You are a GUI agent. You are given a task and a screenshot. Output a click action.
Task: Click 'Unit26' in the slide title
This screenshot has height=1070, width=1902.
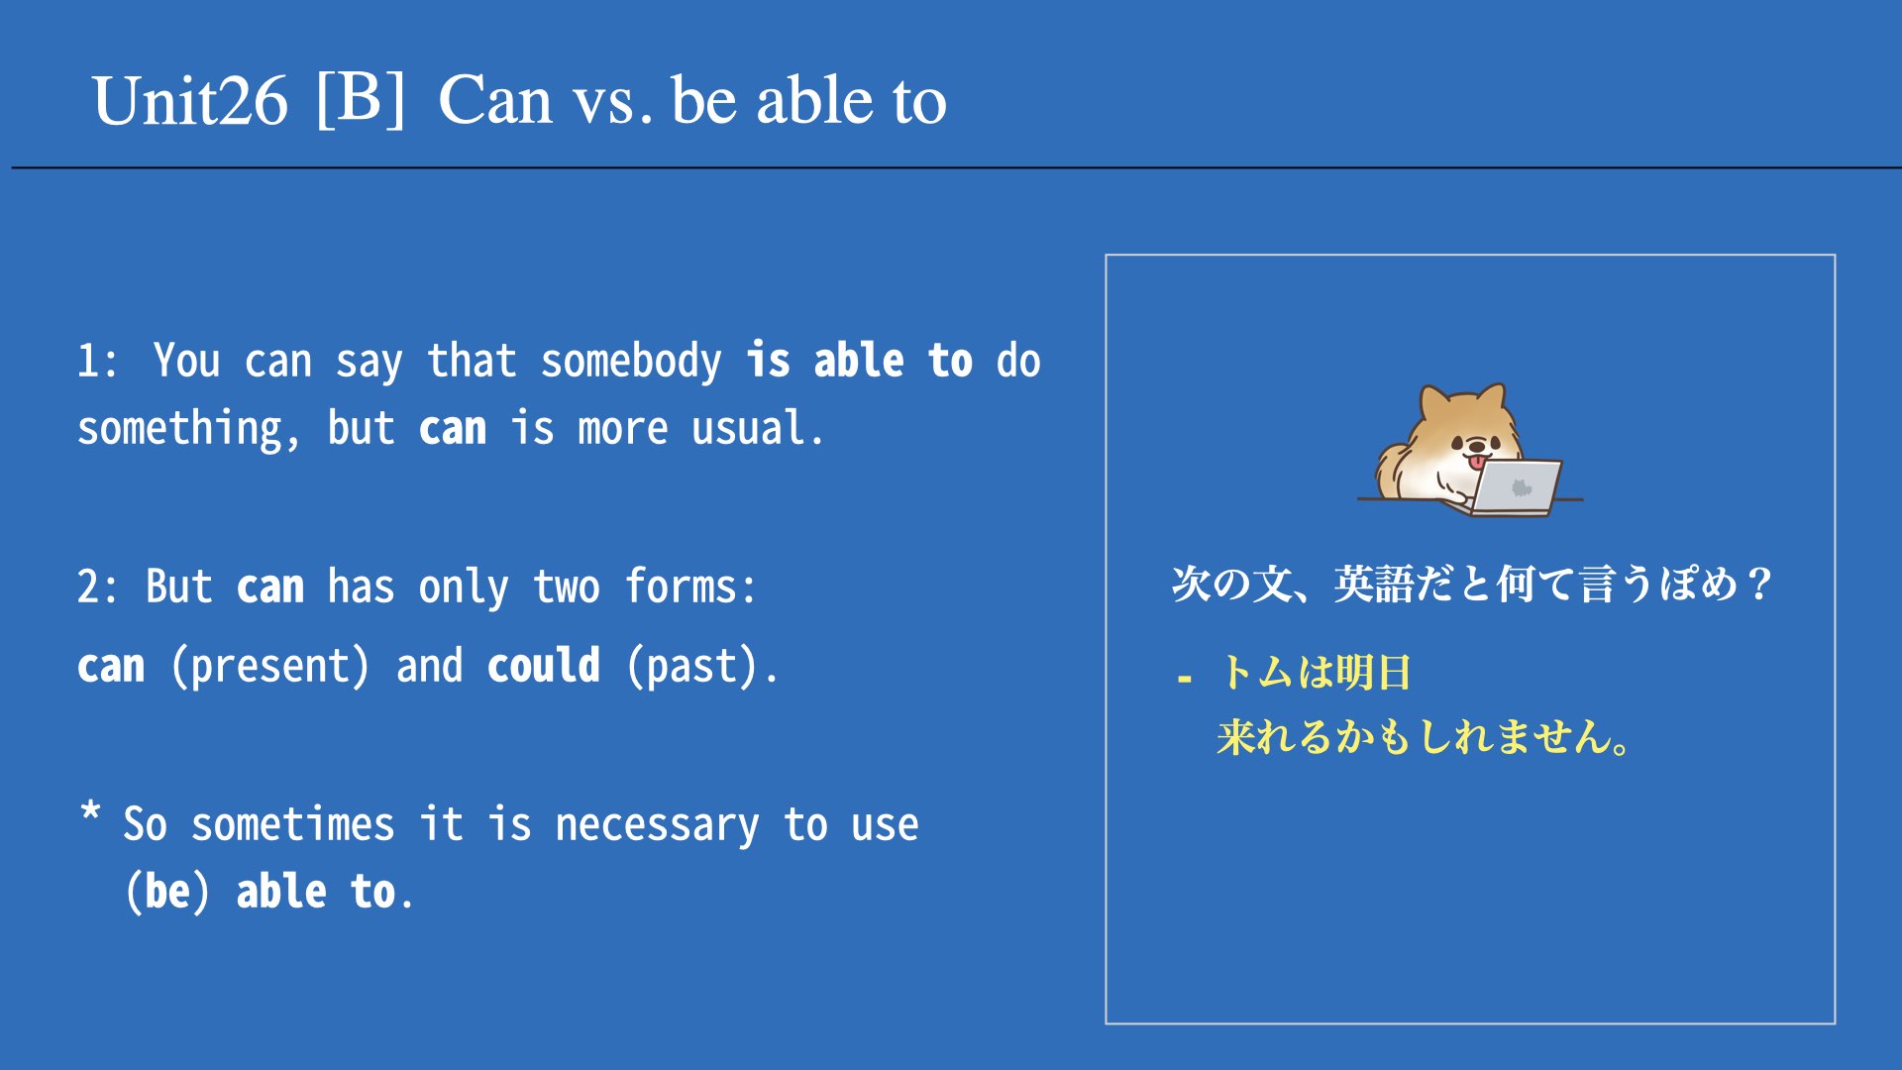[x=189, y=101]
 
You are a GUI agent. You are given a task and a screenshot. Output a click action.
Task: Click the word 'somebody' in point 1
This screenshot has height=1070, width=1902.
[x=631, y=362]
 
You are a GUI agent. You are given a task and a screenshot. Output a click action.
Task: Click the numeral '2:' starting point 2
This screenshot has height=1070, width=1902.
[x=96, y=587]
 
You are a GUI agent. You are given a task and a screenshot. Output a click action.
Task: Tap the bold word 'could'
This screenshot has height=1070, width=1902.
[x=543, y=665]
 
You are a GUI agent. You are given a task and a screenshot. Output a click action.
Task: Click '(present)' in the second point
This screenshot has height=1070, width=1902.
[x=270, y=666]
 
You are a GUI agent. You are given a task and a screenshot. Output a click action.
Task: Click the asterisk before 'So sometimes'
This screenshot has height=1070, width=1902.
[x=90, y=812]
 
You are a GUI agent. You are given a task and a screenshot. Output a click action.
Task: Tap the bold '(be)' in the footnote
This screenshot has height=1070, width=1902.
[x=167, y=892]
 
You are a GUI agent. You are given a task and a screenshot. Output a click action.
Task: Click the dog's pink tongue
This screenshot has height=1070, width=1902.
[x=1476, y=461]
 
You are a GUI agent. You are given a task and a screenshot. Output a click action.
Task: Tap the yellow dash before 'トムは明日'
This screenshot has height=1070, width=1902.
[x=1184, y=680]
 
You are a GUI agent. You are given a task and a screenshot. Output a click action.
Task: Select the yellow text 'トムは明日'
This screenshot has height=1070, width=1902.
[x=1315, y=673]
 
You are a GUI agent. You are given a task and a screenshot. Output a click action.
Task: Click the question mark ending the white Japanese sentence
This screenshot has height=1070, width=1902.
[x=1759, y=584]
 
